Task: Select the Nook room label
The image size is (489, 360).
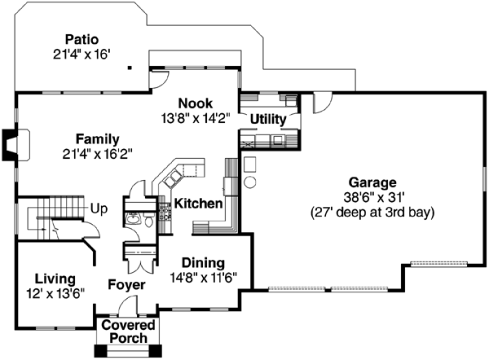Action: tap(196, 103)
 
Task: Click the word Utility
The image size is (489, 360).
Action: tap(268, 120)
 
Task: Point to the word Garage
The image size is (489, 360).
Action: tap(372, 182)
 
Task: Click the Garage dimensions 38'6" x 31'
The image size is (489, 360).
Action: tap(372, 197)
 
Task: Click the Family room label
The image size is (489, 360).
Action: tap(97, 138)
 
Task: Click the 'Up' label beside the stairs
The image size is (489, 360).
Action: tap(99, 208)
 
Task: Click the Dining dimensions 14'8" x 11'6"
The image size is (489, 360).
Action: tap(204, 278)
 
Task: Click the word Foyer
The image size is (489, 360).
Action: tap(126, 285)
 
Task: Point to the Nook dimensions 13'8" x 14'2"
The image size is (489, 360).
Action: tap(196, 117)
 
